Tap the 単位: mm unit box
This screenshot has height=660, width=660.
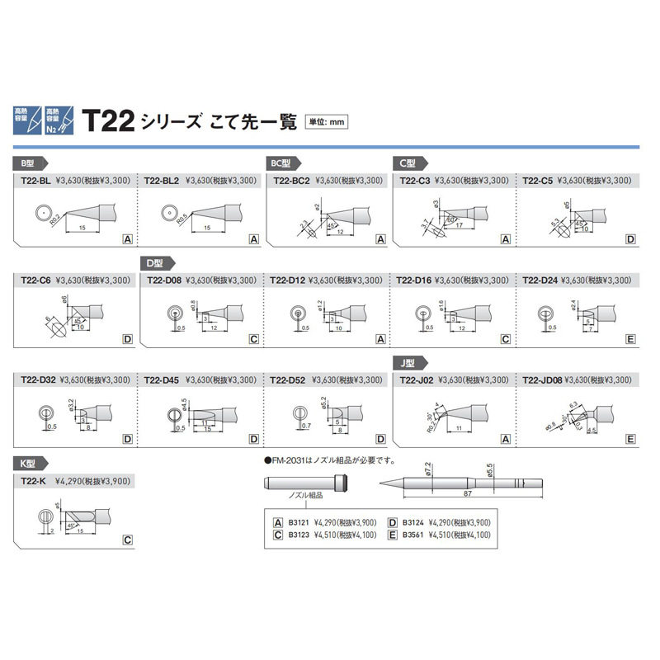tap(326, 122)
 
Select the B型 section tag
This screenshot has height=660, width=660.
tap(27, 163)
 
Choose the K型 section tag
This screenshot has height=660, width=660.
tap(27, 464)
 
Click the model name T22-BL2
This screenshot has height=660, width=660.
tap(161, 180)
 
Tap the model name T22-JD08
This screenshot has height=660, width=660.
tap(540, 380)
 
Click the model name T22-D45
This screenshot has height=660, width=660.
tap(161, 380)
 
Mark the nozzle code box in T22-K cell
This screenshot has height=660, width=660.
tap(127, 540)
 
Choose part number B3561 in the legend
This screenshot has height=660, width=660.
tap(412, 535)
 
